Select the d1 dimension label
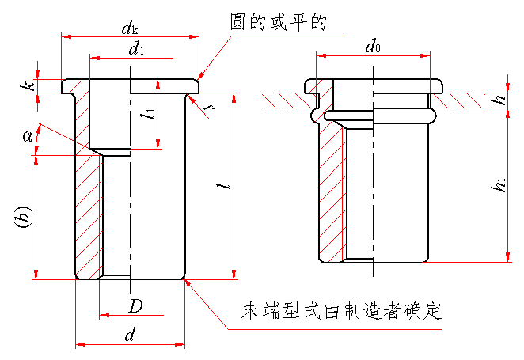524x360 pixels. pos(137,50)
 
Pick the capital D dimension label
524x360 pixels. pos(136,306)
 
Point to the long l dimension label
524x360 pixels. pos(227,187)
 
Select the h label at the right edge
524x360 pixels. pos(499,100)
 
